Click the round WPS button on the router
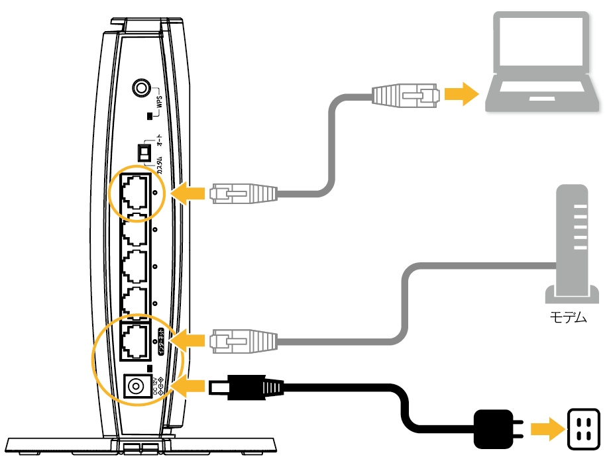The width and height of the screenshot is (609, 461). pos(141,87)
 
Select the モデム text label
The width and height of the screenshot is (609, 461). pos(569,317)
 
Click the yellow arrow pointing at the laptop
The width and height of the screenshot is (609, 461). pos(462,94)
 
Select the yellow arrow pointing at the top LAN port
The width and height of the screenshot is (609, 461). pos(190,193)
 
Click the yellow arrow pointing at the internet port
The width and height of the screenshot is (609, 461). pos(190,340)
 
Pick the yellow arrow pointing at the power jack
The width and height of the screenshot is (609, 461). pos(188,386)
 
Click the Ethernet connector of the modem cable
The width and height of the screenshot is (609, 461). pos(242,340)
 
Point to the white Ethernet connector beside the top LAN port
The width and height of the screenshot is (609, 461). pos(242,193)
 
